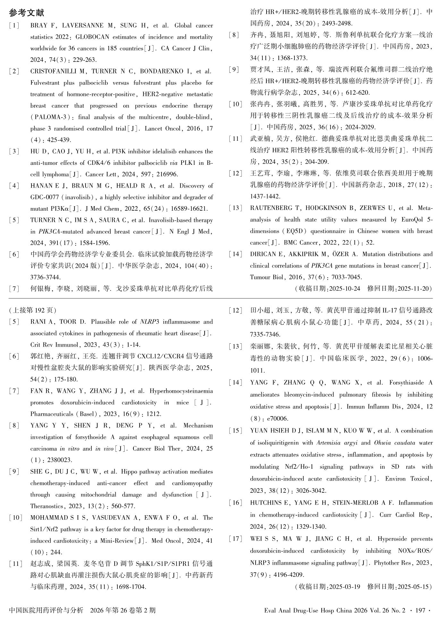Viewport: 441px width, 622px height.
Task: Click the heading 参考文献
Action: [27, 13]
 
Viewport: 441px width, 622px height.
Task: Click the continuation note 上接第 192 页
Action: [33, 310]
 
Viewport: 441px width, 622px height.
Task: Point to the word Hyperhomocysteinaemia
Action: [181, 391]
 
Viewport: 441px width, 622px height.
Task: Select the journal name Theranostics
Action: [47, 506]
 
